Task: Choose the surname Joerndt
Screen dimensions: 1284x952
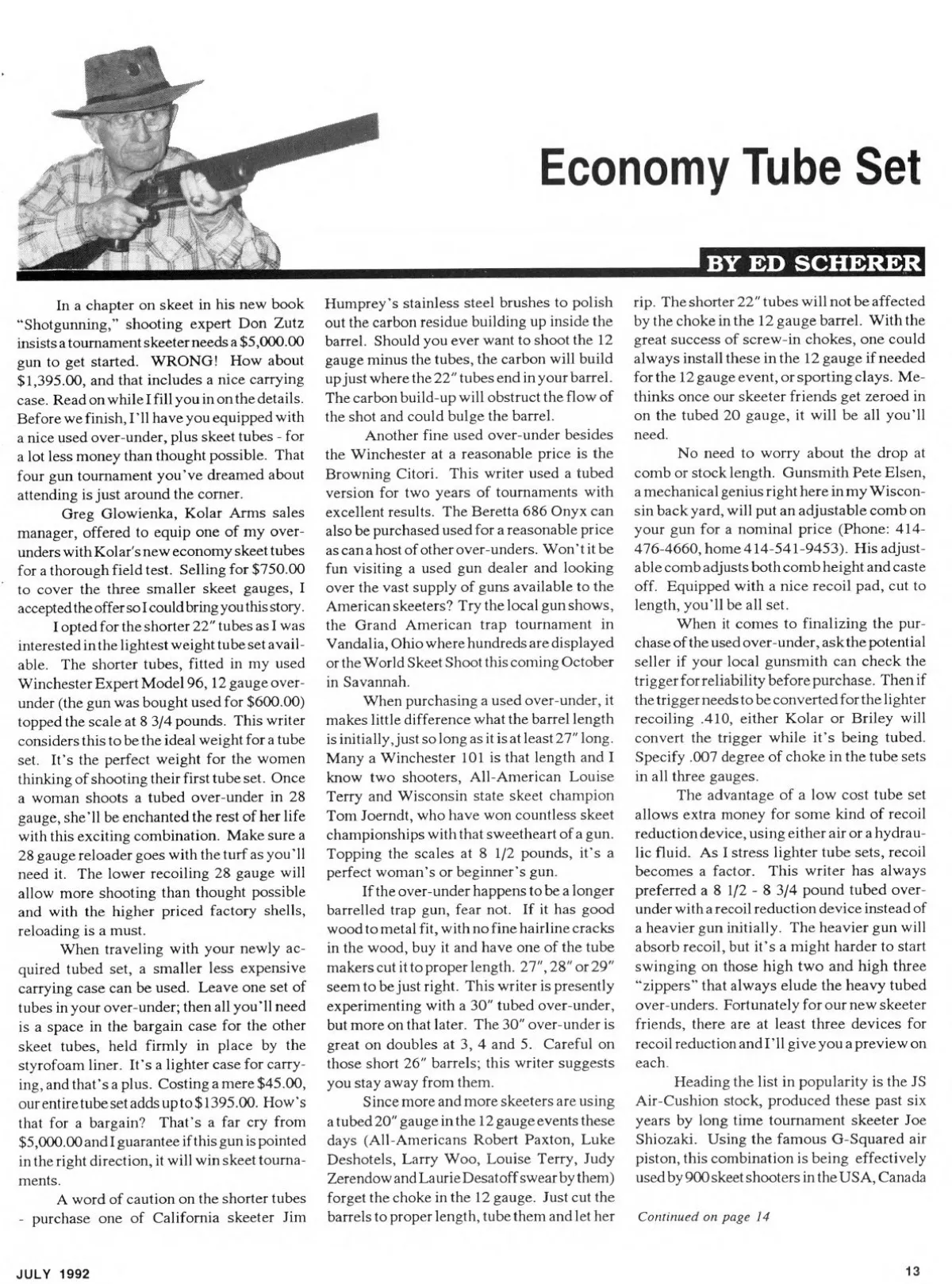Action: click(374, 814)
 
